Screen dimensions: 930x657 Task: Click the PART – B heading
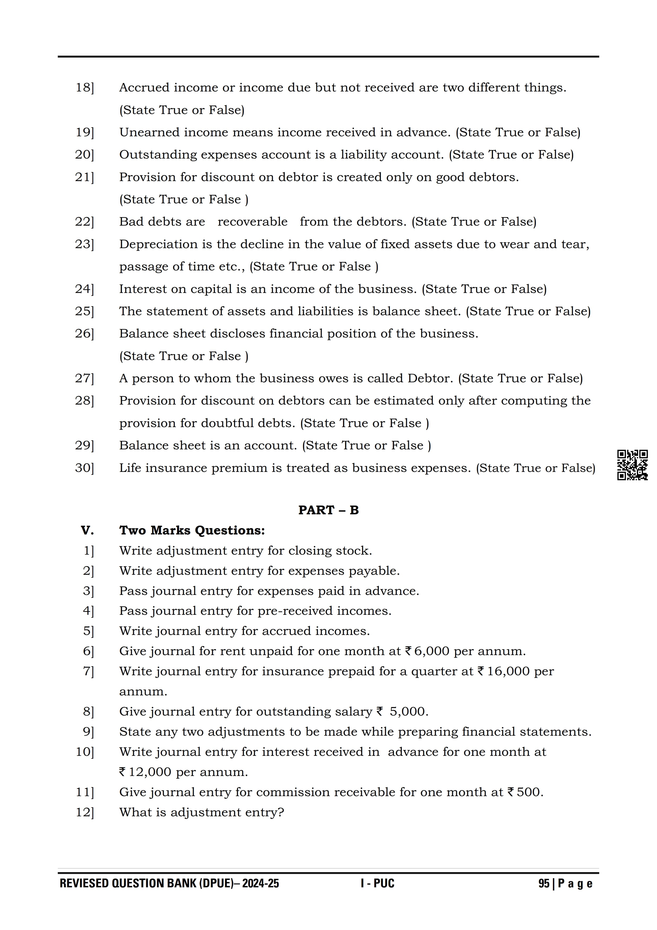pyautogui.click(x=328, y=510)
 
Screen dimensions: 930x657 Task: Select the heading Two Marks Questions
pyautogui.click(x=192, y=530)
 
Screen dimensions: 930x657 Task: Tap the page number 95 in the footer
pyautogui.click(x=544, y=883)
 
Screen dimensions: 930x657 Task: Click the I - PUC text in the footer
pyautogui.click(x=377, y=883)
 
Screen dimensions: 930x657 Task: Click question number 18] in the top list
pyautogui.click(x=85, y=87)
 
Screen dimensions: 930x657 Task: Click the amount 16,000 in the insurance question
pyautogui.click(x=508, y=671)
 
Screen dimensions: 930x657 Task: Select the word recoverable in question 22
pyautogui.click(x=252, y=222)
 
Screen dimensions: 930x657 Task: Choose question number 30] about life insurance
pyautogui.click(x=85, y=468)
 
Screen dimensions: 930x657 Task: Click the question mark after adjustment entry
pyautogui.click(x=281, y=812)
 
